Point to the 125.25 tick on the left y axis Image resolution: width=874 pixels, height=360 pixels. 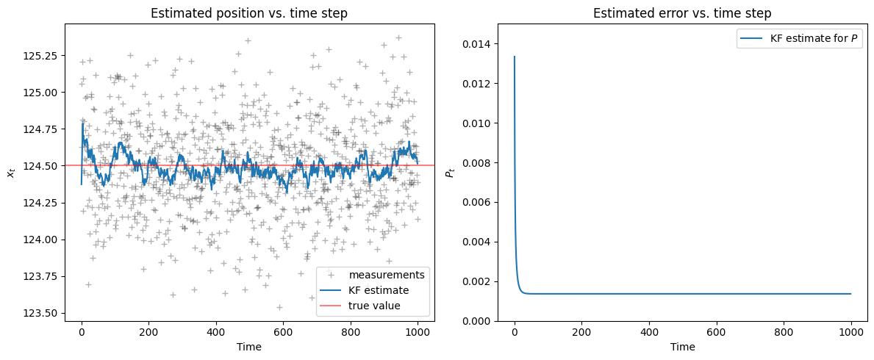pos(46,56)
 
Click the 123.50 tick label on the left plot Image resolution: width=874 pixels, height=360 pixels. pos(46,314)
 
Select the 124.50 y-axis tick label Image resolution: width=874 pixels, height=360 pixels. pos(46,166)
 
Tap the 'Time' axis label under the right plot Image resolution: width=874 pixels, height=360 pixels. pos(682,346)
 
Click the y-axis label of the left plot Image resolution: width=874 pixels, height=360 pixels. pos(10,172)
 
